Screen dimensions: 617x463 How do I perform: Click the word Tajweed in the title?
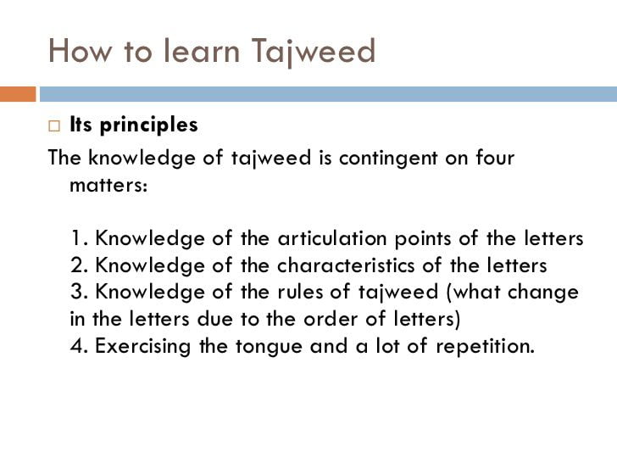point(314,51)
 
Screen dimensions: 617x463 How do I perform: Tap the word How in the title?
point(80,50)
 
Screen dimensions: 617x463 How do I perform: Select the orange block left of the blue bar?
point(18,94)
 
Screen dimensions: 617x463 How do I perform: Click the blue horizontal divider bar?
point(328,94)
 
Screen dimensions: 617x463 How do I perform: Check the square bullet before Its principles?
point(54,126)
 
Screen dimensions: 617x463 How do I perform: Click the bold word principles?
point(149,126)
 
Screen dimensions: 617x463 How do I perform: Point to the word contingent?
point(388,158)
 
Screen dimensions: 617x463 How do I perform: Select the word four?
point(495,157)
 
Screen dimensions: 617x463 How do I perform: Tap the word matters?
point(108,185)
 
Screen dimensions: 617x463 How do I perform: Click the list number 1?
point(80,238)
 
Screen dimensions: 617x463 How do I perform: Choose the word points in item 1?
point(423,239)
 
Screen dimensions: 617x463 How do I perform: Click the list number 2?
point(80,265)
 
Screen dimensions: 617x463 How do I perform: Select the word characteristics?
point(346,265)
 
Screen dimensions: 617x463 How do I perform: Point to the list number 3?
point(80,292)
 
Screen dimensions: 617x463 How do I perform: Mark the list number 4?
point(80,346)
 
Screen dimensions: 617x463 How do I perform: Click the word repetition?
point(485,346)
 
